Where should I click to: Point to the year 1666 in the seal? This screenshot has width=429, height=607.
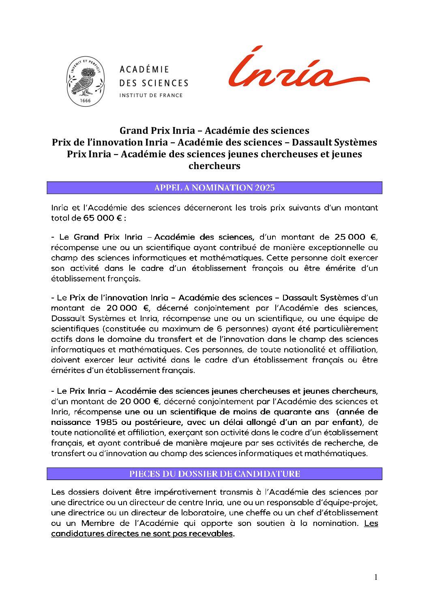[x=86, y=100]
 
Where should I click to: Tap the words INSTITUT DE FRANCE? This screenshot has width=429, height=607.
[x=151, y=95]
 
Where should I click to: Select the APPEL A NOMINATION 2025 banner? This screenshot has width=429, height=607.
[x=214, y=188]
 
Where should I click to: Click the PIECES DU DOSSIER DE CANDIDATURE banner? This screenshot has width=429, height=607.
[x=214, y=474]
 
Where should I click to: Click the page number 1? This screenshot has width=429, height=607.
[x=376, y=577]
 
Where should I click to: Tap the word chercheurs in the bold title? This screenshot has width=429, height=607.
[x=214, y=166]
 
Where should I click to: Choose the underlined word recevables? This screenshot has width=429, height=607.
[x=212, y=534]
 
